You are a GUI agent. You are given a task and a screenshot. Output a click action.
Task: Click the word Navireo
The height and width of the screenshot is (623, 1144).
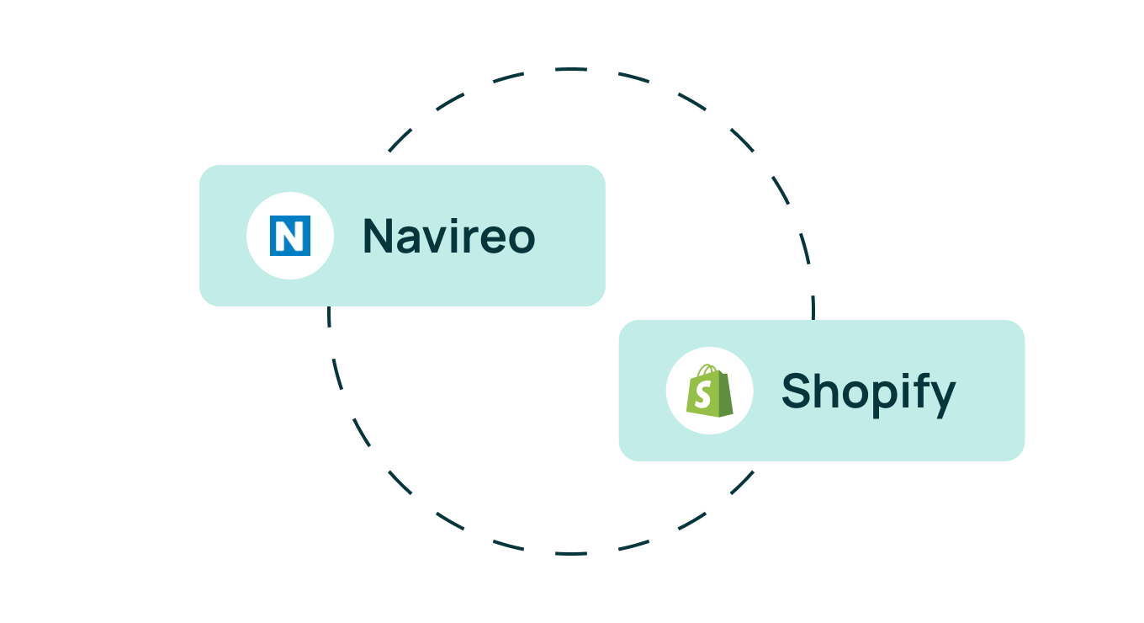pos(449,236)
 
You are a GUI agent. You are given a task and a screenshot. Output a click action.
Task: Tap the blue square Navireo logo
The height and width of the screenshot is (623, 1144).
pos(290,236)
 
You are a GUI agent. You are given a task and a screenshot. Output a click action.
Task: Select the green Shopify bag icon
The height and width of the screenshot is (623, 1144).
pos(709,391)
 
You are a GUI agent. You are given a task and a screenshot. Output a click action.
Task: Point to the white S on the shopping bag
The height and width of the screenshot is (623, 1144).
pos(703,395)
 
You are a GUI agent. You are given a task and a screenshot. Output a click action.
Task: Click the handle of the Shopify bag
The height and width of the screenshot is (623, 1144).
pos(708,370)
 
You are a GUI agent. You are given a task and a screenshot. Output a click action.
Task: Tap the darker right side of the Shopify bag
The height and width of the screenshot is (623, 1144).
pos(725,394)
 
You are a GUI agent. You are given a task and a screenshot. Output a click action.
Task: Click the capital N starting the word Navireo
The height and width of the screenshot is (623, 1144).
pos(377,236)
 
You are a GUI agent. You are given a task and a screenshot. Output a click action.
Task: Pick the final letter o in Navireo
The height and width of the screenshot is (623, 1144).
pos(521,240)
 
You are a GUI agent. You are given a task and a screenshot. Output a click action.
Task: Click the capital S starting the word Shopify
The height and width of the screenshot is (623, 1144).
pos(797,391)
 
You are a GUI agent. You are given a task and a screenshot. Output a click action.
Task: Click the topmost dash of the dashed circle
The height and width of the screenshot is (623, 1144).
pos(571,69)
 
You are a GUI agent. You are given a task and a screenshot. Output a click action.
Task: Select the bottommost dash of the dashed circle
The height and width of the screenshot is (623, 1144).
pos(571,553)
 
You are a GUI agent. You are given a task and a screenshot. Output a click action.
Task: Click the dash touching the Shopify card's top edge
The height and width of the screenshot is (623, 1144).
pos(813,307)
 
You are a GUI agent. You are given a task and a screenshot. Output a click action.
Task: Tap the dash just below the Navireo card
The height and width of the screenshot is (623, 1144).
pos(329,317)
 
